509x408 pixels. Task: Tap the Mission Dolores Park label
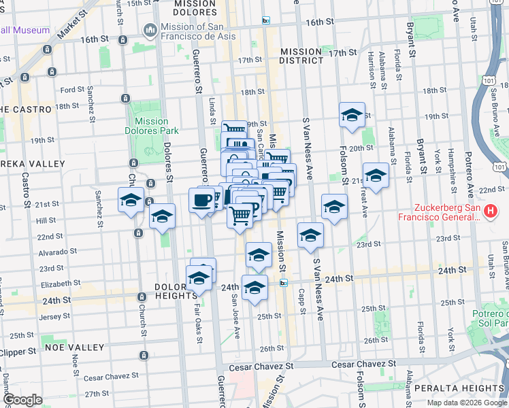(x=146, y=126)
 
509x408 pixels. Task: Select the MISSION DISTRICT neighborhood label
(x=301, y=56)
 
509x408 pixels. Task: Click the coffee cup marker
(x=201, y=200)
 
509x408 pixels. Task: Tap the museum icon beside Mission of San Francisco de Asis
(x=150, y=31)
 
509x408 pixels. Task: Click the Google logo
(x=22, y=400)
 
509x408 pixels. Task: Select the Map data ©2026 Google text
(x=465, y=403)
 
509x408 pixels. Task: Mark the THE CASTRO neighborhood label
(x=26, y=109)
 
